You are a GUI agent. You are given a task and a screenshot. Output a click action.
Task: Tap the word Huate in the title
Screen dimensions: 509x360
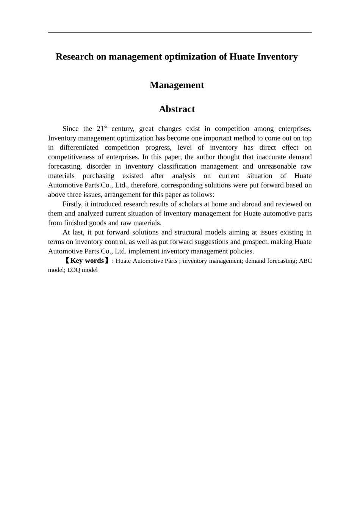point(242,57)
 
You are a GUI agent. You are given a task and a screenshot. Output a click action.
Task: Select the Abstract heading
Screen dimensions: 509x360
point(177,109)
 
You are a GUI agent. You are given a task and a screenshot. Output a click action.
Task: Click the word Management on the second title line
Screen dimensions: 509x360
point(177,85)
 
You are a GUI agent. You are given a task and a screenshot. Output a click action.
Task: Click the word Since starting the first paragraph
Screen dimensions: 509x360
point(70,129)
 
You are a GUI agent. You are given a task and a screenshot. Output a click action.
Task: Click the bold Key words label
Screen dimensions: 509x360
point(87,261)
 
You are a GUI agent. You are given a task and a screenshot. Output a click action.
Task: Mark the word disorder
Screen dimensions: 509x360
point(99,166)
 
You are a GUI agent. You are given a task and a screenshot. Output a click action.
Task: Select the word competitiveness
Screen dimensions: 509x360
point(69,157)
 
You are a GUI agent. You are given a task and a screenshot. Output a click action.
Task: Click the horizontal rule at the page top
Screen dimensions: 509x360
point(180,33)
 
